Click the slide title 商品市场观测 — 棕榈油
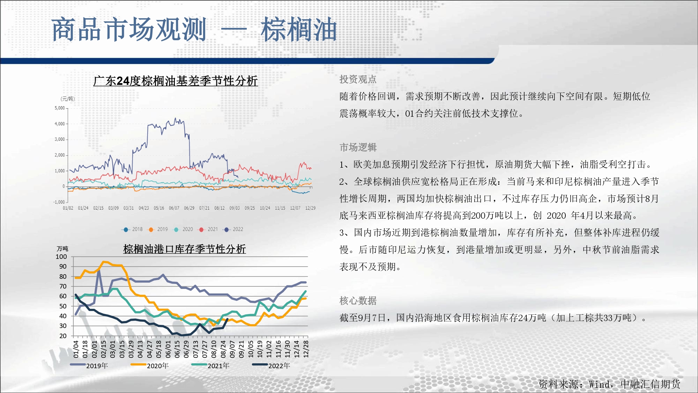point(194,29)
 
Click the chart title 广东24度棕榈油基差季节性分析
point(176,81)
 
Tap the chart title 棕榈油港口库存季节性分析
point(185,249)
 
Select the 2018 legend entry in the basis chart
point(132,230)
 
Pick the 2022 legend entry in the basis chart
point(233,230)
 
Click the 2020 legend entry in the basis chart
point(183,230)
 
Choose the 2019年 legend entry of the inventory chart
point(89,365)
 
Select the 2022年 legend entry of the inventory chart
point(271,365)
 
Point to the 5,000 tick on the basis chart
point(60,108)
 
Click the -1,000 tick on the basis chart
point(59,202)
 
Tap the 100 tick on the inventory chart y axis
point(61,257)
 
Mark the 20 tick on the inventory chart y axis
point(63,336)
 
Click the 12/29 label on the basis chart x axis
point(310,208)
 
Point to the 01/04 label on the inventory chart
point(76,349)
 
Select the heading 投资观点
point(358,79)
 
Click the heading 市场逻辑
point(358,147)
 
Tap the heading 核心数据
point(358,300)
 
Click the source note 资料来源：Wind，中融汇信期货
point(609,384)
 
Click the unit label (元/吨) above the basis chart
point(68,99)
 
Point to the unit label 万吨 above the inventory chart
point(62,249)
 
